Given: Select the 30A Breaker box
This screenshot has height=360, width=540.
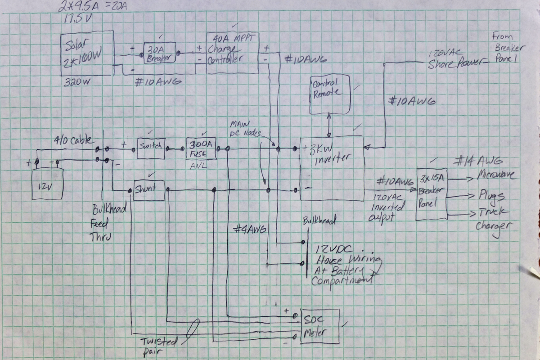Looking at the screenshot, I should (159, 53).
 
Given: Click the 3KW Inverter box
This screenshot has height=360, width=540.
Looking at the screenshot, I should (332, 168).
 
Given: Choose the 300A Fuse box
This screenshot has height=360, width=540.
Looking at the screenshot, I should (200, 148).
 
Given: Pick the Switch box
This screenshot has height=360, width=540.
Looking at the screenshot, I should (151, 148).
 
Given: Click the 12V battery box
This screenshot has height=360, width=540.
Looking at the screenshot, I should (47, 183).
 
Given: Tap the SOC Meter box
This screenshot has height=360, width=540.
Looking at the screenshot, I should (319, 327).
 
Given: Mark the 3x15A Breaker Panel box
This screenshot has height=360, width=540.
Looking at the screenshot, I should (432, 194).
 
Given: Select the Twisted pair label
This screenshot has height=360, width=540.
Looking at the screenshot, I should (158, 346).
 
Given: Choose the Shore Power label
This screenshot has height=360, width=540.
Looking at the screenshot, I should (454, 64).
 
